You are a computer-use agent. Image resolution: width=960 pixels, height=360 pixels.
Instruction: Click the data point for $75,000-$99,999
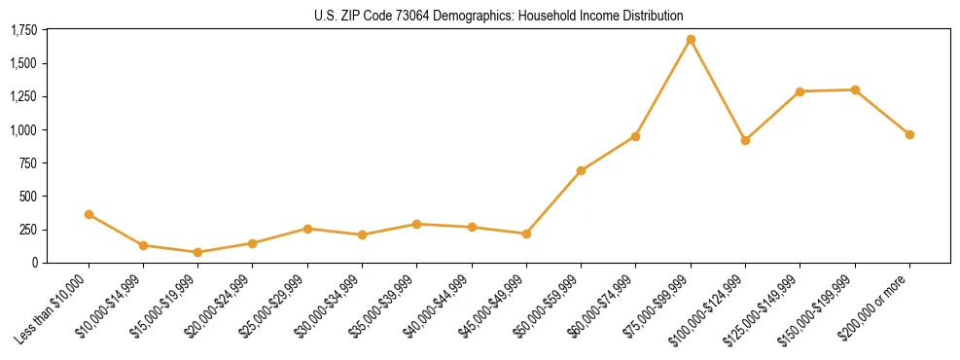tap(691, 40)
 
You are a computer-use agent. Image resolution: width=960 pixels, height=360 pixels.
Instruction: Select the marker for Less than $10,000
tap(89, 214)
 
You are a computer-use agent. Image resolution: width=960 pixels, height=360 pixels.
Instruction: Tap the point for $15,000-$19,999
tap(198, 252)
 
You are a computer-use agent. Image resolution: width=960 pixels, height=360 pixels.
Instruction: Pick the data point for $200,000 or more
tap(909, 134)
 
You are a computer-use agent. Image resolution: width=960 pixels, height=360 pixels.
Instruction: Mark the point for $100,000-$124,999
tap(745, 140)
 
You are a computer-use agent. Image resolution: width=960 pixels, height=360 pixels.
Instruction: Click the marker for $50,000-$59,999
tap(581, 170)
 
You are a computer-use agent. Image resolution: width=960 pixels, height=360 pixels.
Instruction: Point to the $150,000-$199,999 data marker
tap(855, 90)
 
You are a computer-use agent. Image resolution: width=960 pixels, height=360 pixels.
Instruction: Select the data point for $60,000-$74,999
tap(635, 136)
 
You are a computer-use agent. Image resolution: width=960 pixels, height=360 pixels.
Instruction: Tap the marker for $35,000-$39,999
tap(416, 224)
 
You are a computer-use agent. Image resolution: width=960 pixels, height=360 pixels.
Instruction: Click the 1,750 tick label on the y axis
tap(24, 30)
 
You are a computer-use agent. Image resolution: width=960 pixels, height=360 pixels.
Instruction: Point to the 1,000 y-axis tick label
tap(24, 129)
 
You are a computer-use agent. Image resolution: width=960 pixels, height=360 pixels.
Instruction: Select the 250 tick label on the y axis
tap(28, 230)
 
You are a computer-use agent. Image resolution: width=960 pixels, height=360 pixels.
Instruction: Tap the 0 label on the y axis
tap(35, 263)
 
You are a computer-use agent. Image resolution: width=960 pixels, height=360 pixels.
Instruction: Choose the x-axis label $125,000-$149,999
tap(769, 306)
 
